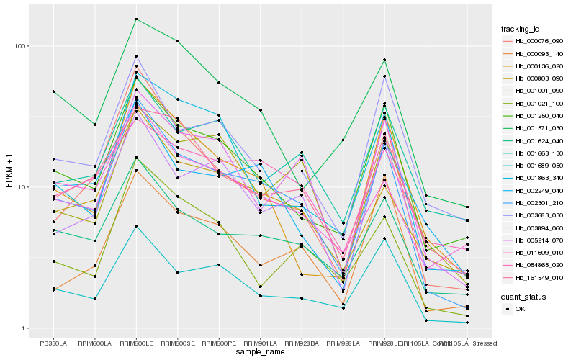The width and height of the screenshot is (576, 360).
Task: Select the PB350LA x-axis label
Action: point(53,343)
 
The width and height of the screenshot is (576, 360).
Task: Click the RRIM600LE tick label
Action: point(136,343)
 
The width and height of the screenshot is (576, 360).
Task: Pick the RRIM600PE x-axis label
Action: point(219,343)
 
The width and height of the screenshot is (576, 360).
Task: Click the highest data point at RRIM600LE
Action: point(136,19)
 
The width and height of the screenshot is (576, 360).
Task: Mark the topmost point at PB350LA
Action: point(53,91)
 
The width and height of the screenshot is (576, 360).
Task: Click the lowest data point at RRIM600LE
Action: point(136,226)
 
